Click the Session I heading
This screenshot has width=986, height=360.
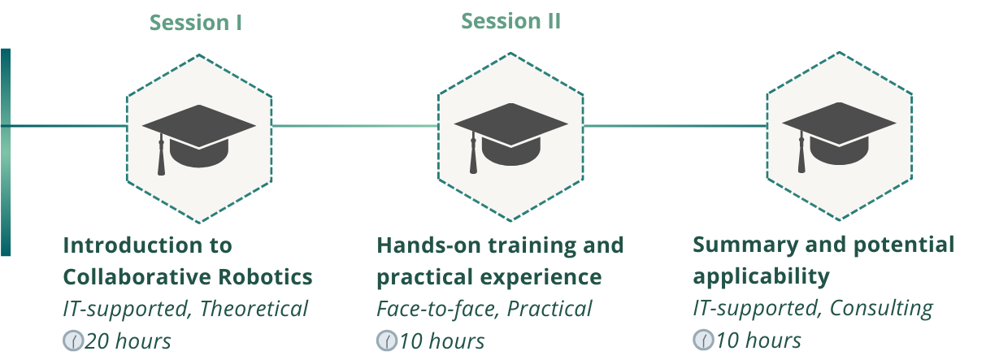coord(196,23)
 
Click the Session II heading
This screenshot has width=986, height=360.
coord(511,21)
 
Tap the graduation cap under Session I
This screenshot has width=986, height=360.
coord(199,140)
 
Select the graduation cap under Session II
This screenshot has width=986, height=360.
coord(511,138)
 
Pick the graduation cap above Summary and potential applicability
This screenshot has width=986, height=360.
coord(839,137)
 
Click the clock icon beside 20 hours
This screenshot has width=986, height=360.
coord(73,341)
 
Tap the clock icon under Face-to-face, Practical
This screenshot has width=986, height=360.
coord(387,341)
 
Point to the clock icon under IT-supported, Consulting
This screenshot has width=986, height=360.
coord(703,340)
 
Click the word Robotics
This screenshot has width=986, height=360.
coord(266,277)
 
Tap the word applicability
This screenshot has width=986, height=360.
coord(761,277)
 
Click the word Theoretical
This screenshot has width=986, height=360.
coord(254,309)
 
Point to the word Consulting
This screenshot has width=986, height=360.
coord(881,309)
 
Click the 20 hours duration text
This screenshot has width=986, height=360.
coord(128,341)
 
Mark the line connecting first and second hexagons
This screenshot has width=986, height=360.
coord(354,126)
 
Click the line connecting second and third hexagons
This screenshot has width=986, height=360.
coord(675,126)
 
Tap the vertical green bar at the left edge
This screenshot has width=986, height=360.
coord(6,152)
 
